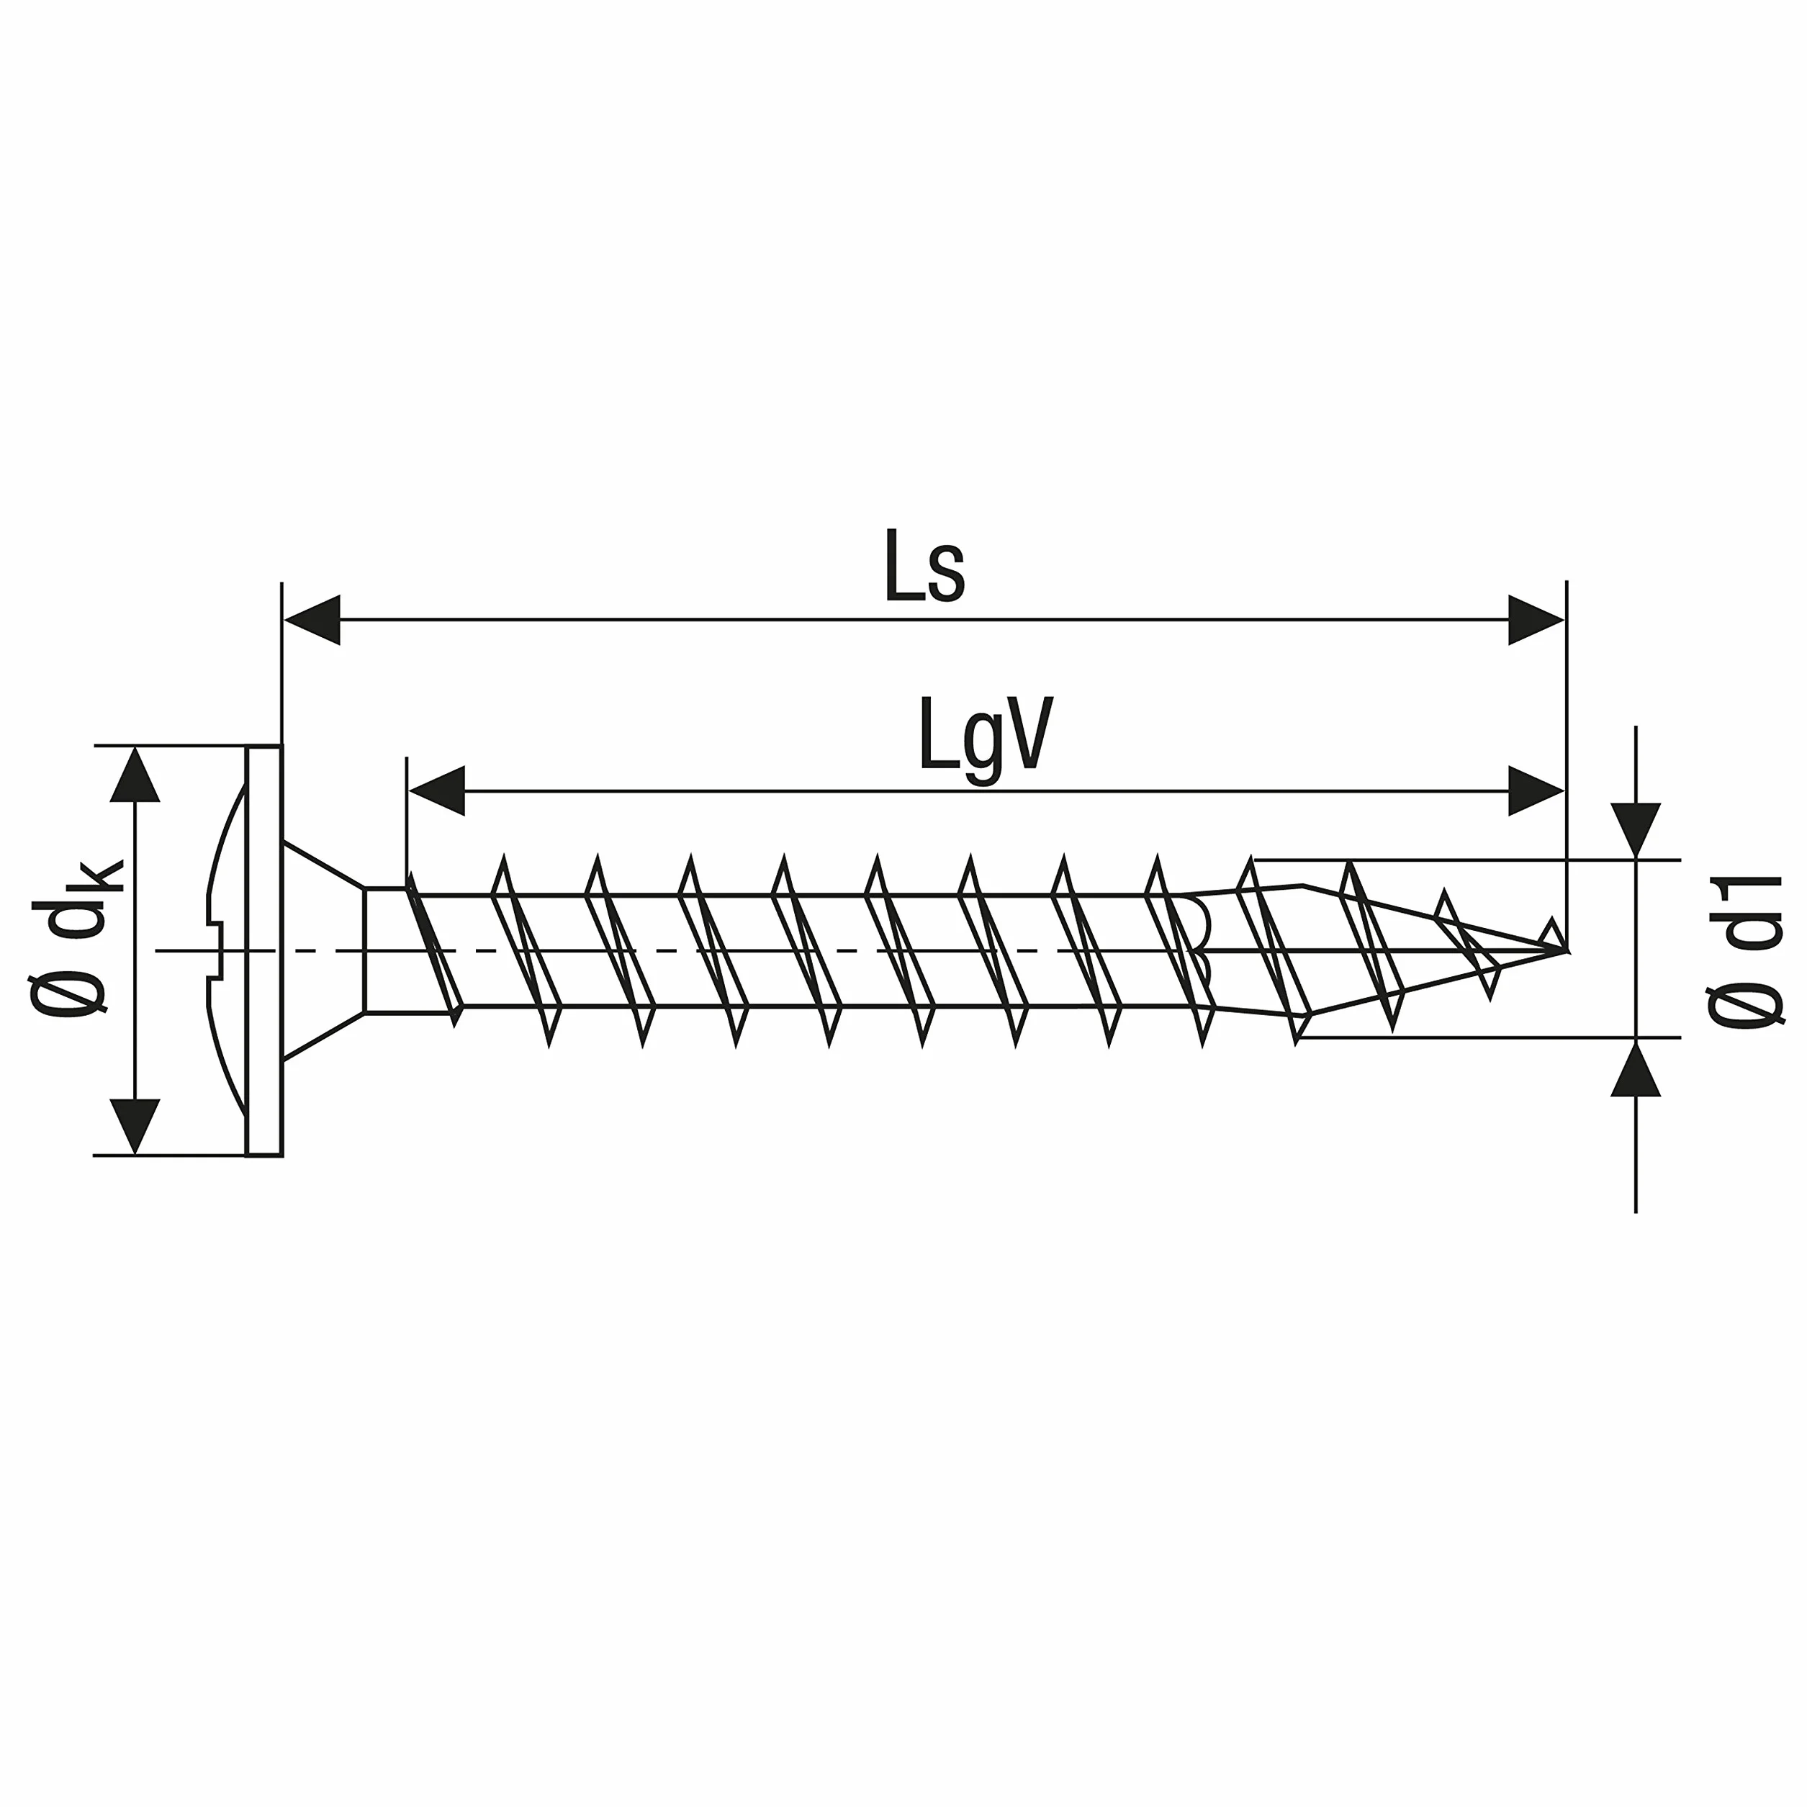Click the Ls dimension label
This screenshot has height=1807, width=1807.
[x=924, y=567]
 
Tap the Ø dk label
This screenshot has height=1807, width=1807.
[x=75, y=936]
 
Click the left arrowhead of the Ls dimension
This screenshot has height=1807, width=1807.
[x=312, y=619]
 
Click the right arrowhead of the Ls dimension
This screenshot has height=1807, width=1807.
[x=1536, y=619]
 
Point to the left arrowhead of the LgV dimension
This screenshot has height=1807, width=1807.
[x=437, y=790]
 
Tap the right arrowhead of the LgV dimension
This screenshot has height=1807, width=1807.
[x=1536, y=790]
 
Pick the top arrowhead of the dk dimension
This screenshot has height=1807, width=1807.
[x=135, y=775]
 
